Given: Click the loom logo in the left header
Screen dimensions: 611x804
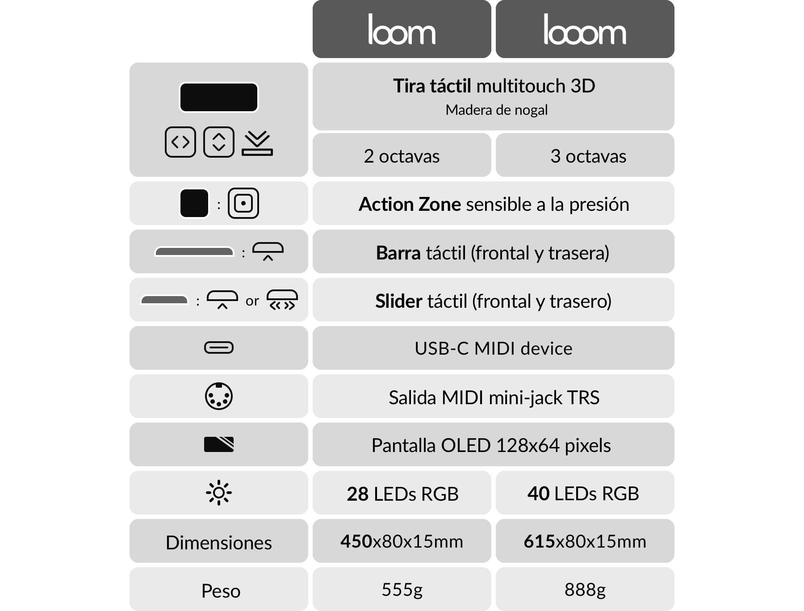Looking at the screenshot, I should (x=402, y=30).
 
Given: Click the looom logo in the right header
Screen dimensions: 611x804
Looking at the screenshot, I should (x=585, y=30).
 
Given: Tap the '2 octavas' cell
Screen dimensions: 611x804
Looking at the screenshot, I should (x=402, y=156).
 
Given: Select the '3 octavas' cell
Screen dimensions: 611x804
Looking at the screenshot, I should (x=588, y=156).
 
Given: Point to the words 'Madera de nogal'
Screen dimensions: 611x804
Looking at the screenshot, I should (x=496, y=110).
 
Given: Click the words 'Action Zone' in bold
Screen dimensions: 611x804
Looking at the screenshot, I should (x=410, y=204).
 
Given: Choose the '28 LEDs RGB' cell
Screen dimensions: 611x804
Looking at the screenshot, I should (x=402, y=494).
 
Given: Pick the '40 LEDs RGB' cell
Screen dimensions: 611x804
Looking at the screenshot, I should (x=583, y=494).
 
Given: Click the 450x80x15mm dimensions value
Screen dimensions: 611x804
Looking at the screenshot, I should (x=402, y=541).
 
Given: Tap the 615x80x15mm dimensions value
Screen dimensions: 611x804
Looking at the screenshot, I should (x=585, y=541).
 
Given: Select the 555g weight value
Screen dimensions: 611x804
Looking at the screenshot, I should (x=402, y=590).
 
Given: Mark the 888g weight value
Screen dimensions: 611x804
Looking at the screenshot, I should (x=585, y=590).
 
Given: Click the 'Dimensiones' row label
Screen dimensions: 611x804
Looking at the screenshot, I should (x=218, y=543).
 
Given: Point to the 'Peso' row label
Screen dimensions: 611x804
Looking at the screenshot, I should (x=221, y=591).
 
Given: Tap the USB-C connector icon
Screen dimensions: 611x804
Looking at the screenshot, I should (x=218, y=348).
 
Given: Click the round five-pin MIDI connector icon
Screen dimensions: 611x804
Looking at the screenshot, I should (x=218, y=396).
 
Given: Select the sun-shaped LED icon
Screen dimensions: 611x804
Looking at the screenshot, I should (x=218, y=493).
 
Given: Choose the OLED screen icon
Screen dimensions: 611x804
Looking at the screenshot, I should (x=218, y=444).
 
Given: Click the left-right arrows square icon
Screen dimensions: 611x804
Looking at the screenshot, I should (x=180, y=142).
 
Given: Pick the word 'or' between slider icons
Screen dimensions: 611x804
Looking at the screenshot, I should (x=252, y=301).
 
